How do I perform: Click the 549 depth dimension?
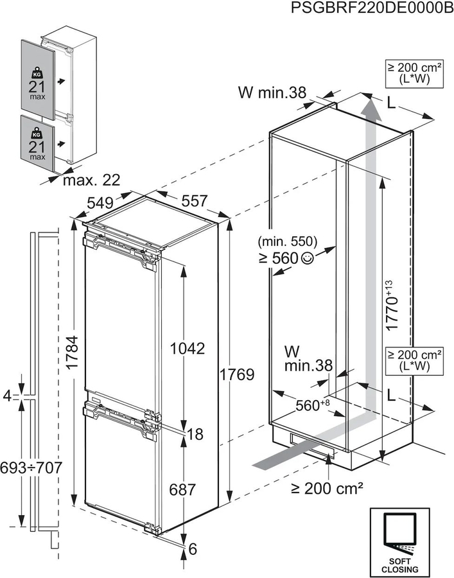[x=100, y=202]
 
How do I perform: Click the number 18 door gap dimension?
[x=195, y=434]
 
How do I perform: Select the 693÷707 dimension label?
[x=31, y=467]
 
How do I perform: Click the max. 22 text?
[x=91, y=179]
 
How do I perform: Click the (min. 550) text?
[x=287, y=242]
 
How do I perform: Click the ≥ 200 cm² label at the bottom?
[x=327, y=489]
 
